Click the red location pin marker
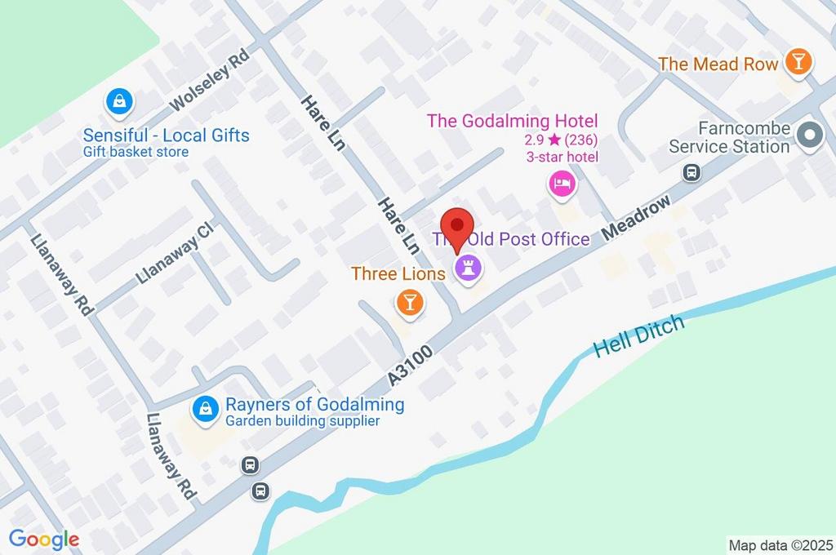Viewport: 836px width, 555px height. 457,225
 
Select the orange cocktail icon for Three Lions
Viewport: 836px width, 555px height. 409,303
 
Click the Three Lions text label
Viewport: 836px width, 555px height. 398,273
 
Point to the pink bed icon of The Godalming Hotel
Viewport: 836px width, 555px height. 562,183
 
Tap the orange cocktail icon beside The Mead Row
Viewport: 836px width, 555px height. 797,61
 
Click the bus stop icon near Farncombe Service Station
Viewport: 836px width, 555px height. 691,172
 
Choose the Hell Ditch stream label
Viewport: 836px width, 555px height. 638,336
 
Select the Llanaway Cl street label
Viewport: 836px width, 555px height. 174,253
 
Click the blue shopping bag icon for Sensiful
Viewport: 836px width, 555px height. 119,102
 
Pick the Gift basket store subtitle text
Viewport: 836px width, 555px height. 136,153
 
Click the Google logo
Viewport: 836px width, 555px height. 44,539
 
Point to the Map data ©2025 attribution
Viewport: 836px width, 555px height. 780,545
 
